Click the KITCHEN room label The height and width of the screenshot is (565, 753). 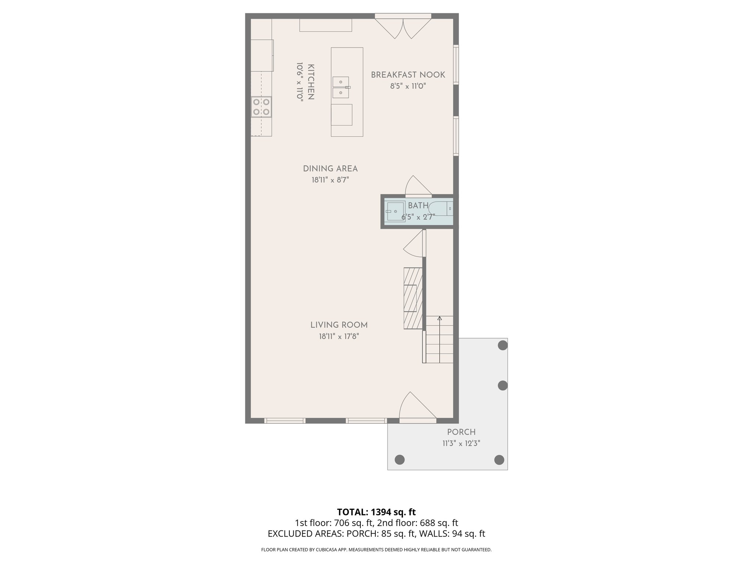[x=311, y=82]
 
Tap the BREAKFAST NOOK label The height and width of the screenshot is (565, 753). [x=408, y=75]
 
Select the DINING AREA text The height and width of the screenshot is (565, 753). [x=330, y=169]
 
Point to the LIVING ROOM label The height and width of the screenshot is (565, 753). [x=339, y=325]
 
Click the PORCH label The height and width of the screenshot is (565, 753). [x=461, y=432]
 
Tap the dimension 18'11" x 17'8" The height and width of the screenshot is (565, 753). [x=339, y=337]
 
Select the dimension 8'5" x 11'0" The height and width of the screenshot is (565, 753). [x=408, y=86]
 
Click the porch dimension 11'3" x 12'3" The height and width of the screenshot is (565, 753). [x=461, y=444]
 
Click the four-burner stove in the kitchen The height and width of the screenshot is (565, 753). [x=261, y=107]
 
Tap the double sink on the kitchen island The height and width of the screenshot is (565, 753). [x=341, y=88]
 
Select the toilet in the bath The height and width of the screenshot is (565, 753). [x=441, y=209]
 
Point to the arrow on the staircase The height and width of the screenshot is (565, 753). [x=439, y=319]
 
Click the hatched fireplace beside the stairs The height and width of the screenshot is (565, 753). [x=413, y=298]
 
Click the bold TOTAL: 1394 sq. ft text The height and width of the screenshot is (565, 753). [x=376, y=512]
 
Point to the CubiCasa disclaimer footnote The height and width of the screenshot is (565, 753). [x=376, y=550]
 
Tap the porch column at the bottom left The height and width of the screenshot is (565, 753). [x=399, y=459]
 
